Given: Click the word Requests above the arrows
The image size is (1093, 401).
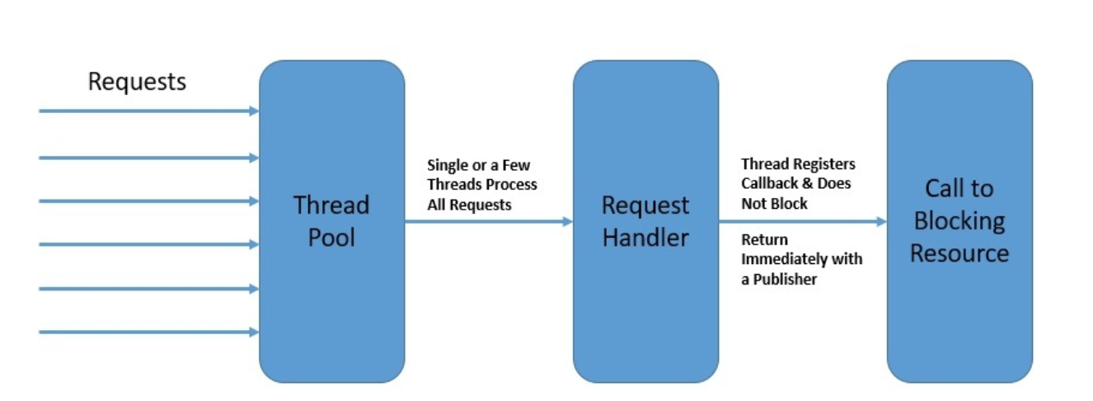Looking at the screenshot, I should pos(137,83).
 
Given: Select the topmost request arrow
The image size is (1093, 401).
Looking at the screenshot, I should pos(148,111).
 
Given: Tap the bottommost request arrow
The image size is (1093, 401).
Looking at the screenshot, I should pos(148,333).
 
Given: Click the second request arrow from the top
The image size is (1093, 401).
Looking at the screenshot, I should pos(148,158).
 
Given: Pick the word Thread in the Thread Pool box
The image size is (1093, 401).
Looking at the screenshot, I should pos(331,205).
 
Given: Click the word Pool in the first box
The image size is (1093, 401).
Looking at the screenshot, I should pos(331,238).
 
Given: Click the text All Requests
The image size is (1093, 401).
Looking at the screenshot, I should pos(469,205).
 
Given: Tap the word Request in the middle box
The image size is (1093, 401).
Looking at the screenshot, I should pos(645,205).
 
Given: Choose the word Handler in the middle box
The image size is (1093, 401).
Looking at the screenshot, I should pos(645,238).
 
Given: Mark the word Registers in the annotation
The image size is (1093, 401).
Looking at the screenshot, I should pos(822,164).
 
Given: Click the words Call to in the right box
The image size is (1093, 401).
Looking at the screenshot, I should pos(959,189).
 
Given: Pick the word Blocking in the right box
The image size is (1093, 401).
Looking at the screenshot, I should pos(959,221).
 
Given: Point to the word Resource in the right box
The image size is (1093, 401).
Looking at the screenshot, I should pos(959,253).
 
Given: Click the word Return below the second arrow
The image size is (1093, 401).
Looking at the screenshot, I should pos(764,240).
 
